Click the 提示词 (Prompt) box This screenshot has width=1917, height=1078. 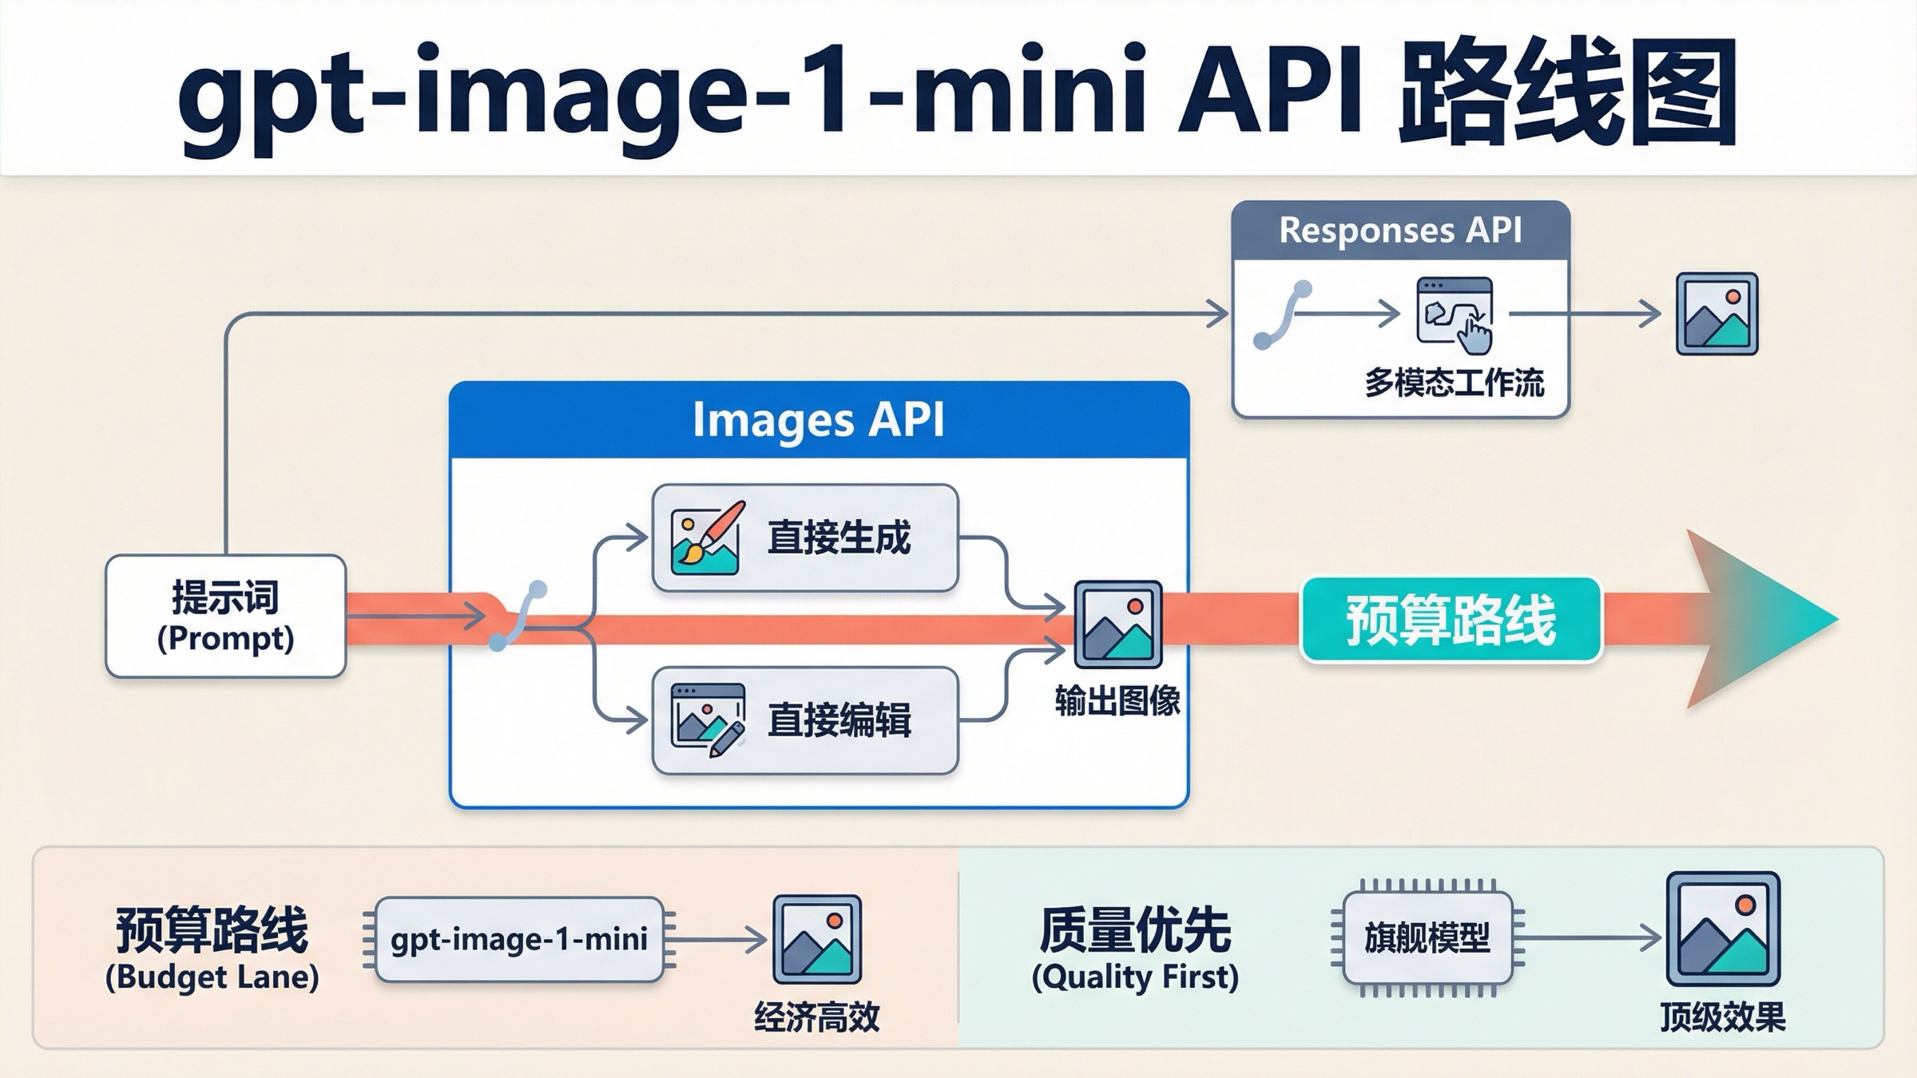pyautogui.click(x=225, y=616)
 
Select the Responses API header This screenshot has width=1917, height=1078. pyautogui.click(x=1400, y=231)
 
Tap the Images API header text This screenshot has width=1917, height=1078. pyautogui.click(x=819, y=420)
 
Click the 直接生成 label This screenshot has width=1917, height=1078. pyautogui.click(x=839, y=537)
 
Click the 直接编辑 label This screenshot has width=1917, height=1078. pyautogui.click(x=839, y=720)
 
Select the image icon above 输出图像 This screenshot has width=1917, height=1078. pyautogui.click(x=1117, y=624)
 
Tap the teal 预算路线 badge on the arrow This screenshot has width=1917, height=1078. pyautogui.click(x=1451, y=620)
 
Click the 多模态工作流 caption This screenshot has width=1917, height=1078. pyautogui.click(x=1454, y=383)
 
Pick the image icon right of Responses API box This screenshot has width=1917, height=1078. pyautogui.click(x=1717, y=314)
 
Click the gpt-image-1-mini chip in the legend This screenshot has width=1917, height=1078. pyautogui.click(x=519, y=940)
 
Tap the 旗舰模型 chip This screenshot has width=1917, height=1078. pyautogui.click(x=1427, y=938)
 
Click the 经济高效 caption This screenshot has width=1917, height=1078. pyautogui.click(x=816, y=1017)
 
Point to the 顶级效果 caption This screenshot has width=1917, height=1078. pyautogui.click(x=1722, y=1017)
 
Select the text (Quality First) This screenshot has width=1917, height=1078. pyautogui.click(x=1134, y=977)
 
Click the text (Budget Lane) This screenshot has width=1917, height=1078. pyautogui.click(x=212, y=977)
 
